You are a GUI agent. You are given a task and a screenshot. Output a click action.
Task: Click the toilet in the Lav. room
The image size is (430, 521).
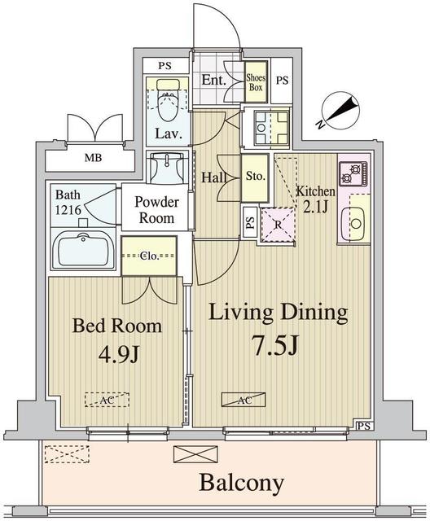[168, 99]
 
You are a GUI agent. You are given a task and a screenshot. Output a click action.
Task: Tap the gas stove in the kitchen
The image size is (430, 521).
[353, 173]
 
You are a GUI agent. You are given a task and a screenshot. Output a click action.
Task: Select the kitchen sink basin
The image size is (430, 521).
[356, 224]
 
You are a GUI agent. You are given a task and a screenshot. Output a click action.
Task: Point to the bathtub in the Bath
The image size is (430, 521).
[83, 248]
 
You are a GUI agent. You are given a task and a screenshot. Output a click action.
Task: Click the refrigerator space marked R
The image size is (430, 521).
[278, 225]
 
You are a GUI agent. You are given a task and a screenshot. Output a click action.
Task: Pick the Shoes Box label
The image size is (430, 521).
[256, 82]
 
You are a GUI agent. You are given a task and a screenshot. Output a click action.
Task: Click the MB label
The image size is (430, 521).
[93, 157]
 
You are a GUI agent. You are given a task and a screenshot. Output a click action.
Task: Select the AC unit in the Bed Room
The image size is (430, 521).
[107, 400]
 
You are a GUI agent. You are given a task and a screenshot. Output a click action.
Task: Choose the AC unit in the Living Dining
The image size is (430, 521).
[244, 400]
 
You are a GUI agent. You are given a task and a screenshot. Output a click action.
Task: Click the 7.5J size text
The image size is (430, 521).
[275, 345]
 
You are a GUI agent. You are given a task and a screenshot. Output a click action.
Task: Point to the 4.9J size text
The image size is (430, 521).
[118, 355]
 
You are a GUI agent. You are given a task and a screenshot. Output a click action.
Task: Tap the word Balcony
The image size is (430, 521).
[241, 483]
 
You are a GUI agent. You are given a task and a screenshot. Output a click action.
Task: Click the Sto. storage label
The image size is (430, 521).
[255, 176]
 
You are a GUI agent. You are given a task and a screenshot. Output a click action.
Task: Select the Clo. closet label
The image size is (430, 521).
[148, 256]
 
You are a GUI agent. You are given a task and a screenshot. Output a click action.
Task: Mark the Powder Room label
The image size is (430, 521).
[156, 210]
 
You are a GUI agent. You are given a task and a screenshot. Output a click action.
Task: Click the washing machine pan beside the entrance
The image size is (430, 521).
[271, 128]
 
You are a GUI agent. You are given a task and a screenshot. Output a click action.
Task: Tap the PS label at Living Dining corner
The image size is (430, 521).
[365, 426]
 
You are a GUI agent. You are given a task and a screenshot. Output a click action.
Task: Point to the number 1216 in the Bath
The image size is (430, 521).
[68, 210]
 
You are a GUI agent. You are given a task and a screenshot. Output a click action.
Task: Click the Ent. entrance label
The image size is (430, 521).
[214, 80]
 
